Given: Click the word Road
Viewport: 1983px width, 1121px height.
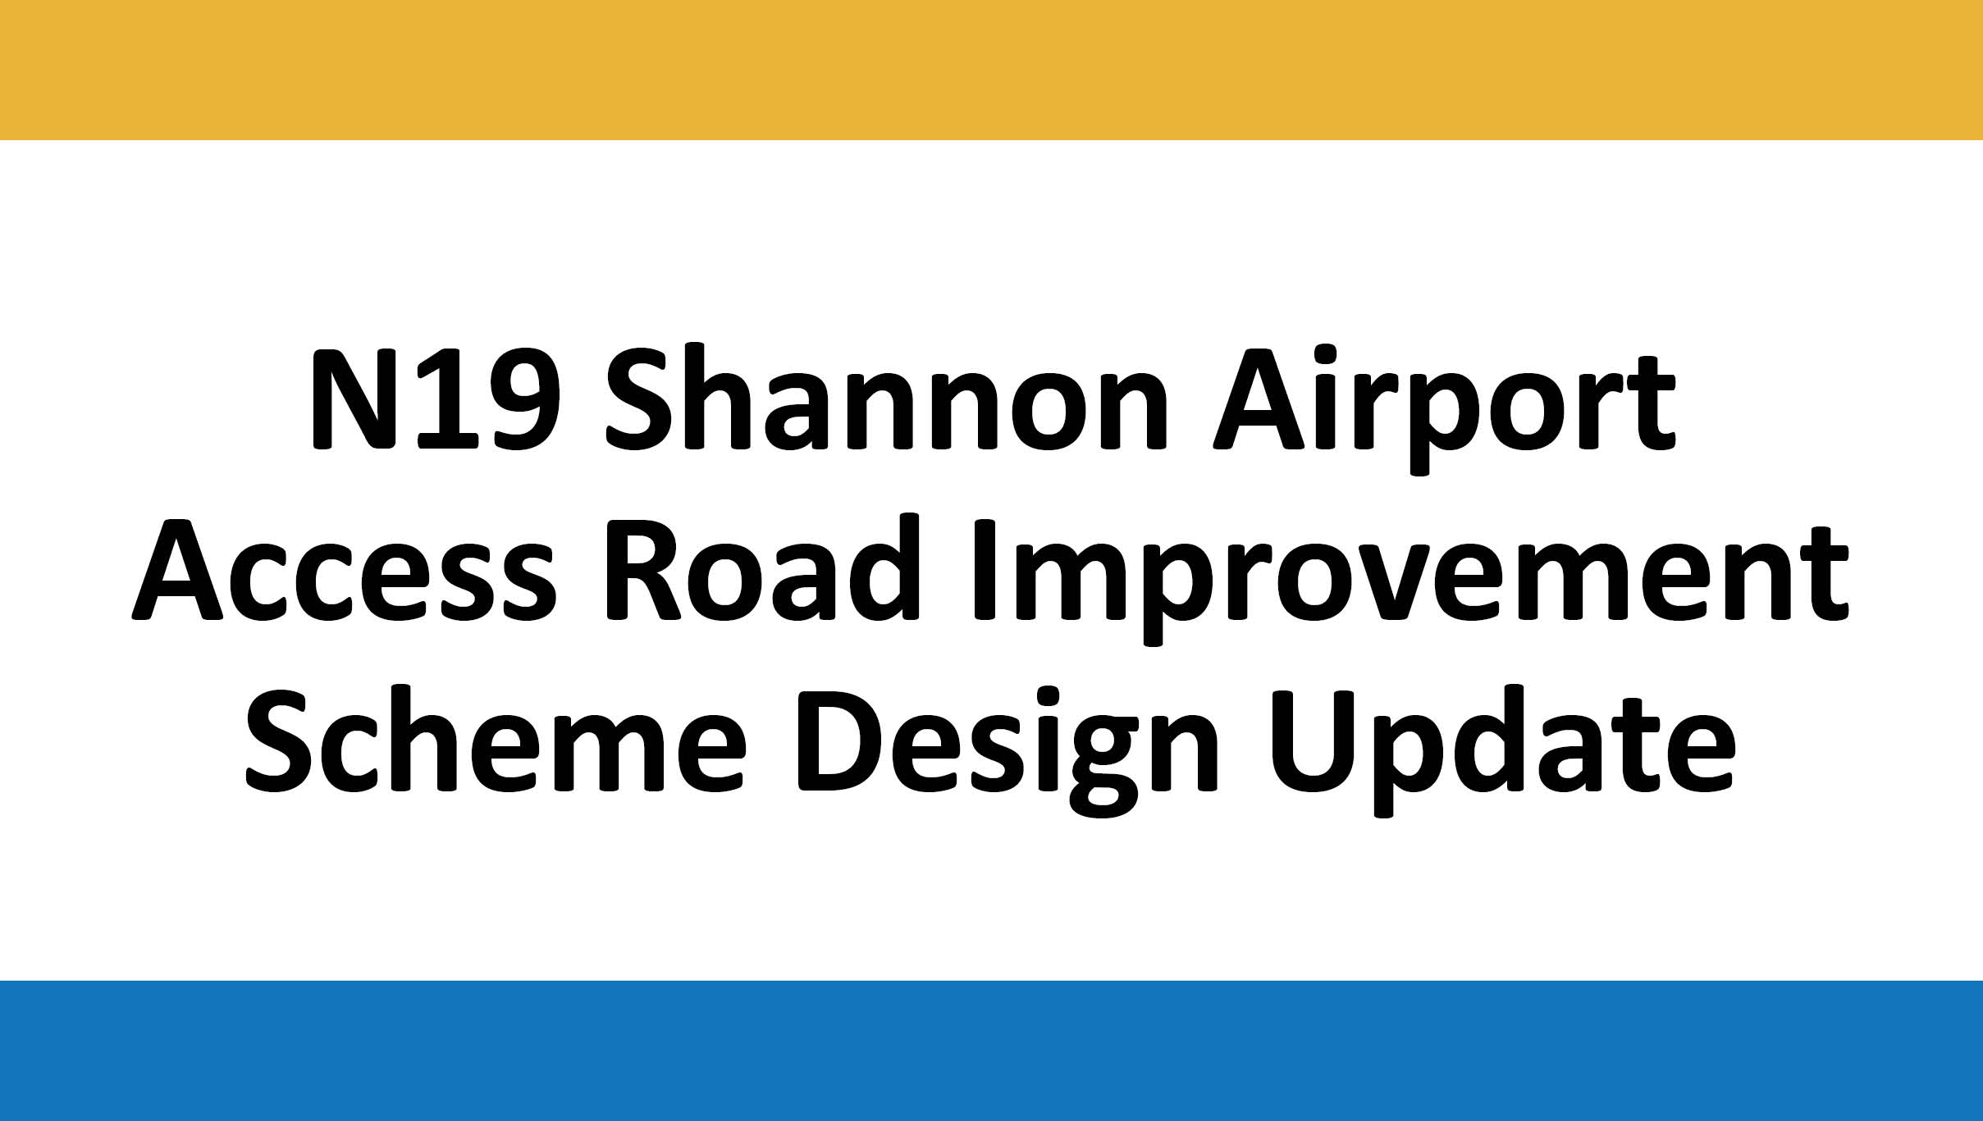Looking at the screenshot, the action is (763, 567).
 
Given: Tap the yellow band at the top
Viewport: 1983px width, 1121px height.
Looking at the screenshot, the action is (991, 70).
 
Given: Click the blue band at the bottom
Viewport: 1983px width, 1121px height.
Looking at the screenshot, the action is (991, 1050).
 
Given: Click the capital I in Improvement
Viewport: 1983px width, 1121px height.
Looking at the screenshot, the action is (985, 568).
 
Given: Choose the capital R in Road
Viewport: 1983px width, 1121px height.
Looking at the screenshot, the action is (642, 569).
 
